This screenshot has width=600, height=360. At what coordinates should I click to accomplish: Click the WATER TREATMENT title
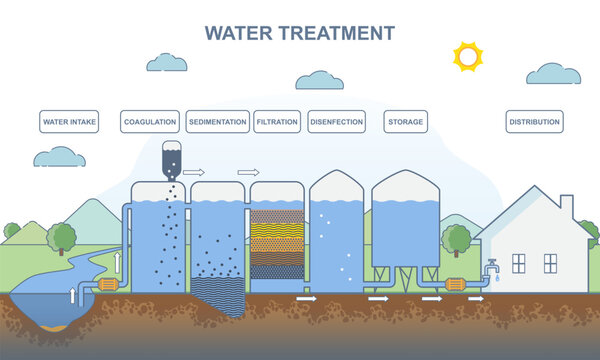[x=300, y=32]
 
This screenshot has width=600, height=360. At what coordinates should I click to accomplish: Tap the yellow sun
[x=467, y=56]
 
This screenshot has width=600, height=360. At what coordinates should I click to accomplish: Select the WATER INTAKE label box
[x=69, y=122]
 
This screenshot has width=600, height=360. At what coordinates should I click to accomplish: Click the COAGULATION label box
[x=150, y=122]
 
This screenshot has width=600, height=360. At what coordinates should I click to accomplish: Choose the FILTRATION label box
[x=277, y=122]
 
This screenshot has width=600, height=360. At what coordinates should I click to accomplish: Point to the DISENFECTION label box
[x=335, y=122]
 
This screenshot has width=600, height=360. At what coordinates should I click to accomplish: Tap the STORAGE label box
[x=405, y=122]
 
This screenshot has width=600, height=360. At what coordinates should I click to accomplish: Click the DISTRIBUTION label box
[x=535, y=122]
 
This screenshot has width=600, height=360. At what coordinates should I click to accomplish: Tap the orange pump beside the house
[x=456, y=285]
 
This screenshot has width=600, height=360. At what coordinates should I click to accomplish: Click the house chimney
[x=565, y=205]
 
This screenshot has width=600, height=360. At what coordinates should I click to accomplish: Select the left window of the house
[x=518, y=262]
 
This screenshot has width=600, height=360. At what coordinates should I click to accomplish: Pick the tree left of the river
[x=62, y=238]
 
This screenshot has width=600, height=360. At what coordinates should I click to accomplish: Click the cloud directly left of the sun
[x=320, y=80]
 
